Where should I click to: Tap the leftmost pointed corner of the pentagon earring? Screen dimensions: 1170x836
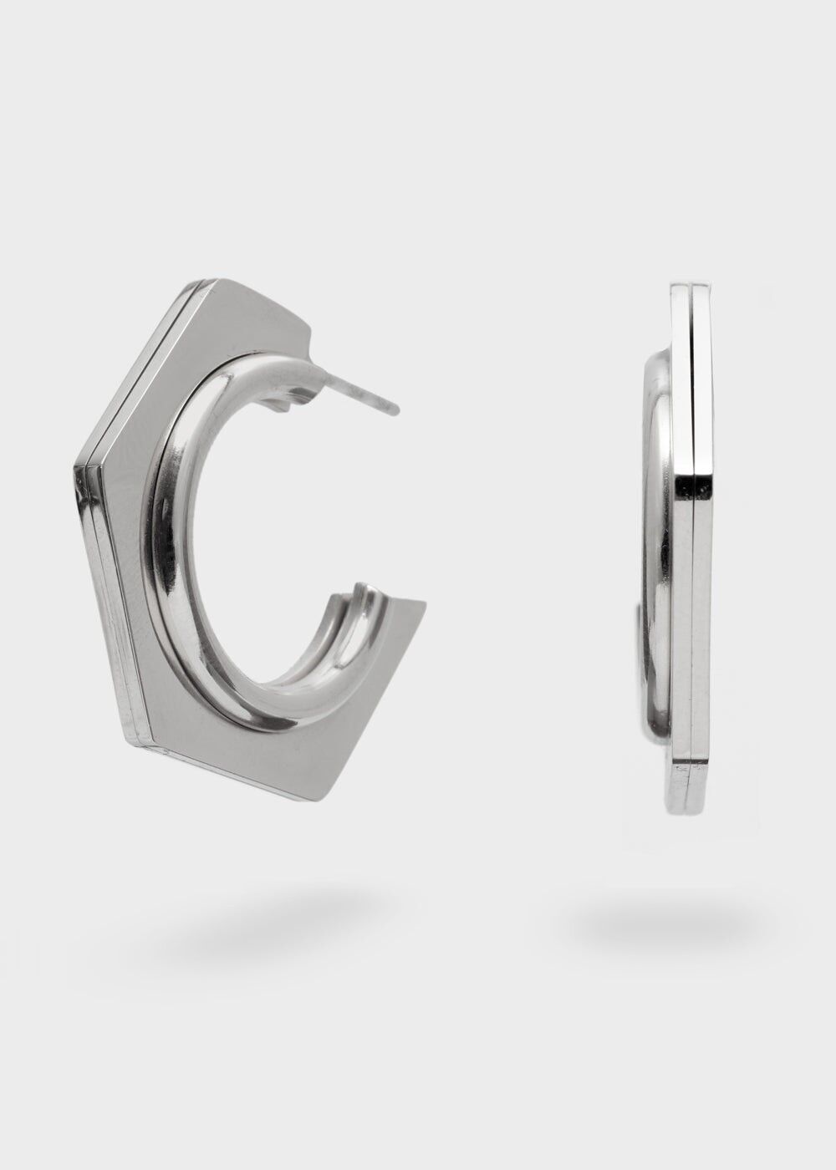(x=73, y=462)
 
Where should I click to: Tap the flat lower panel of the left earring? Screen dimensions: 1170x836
(x=251, y=735)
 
